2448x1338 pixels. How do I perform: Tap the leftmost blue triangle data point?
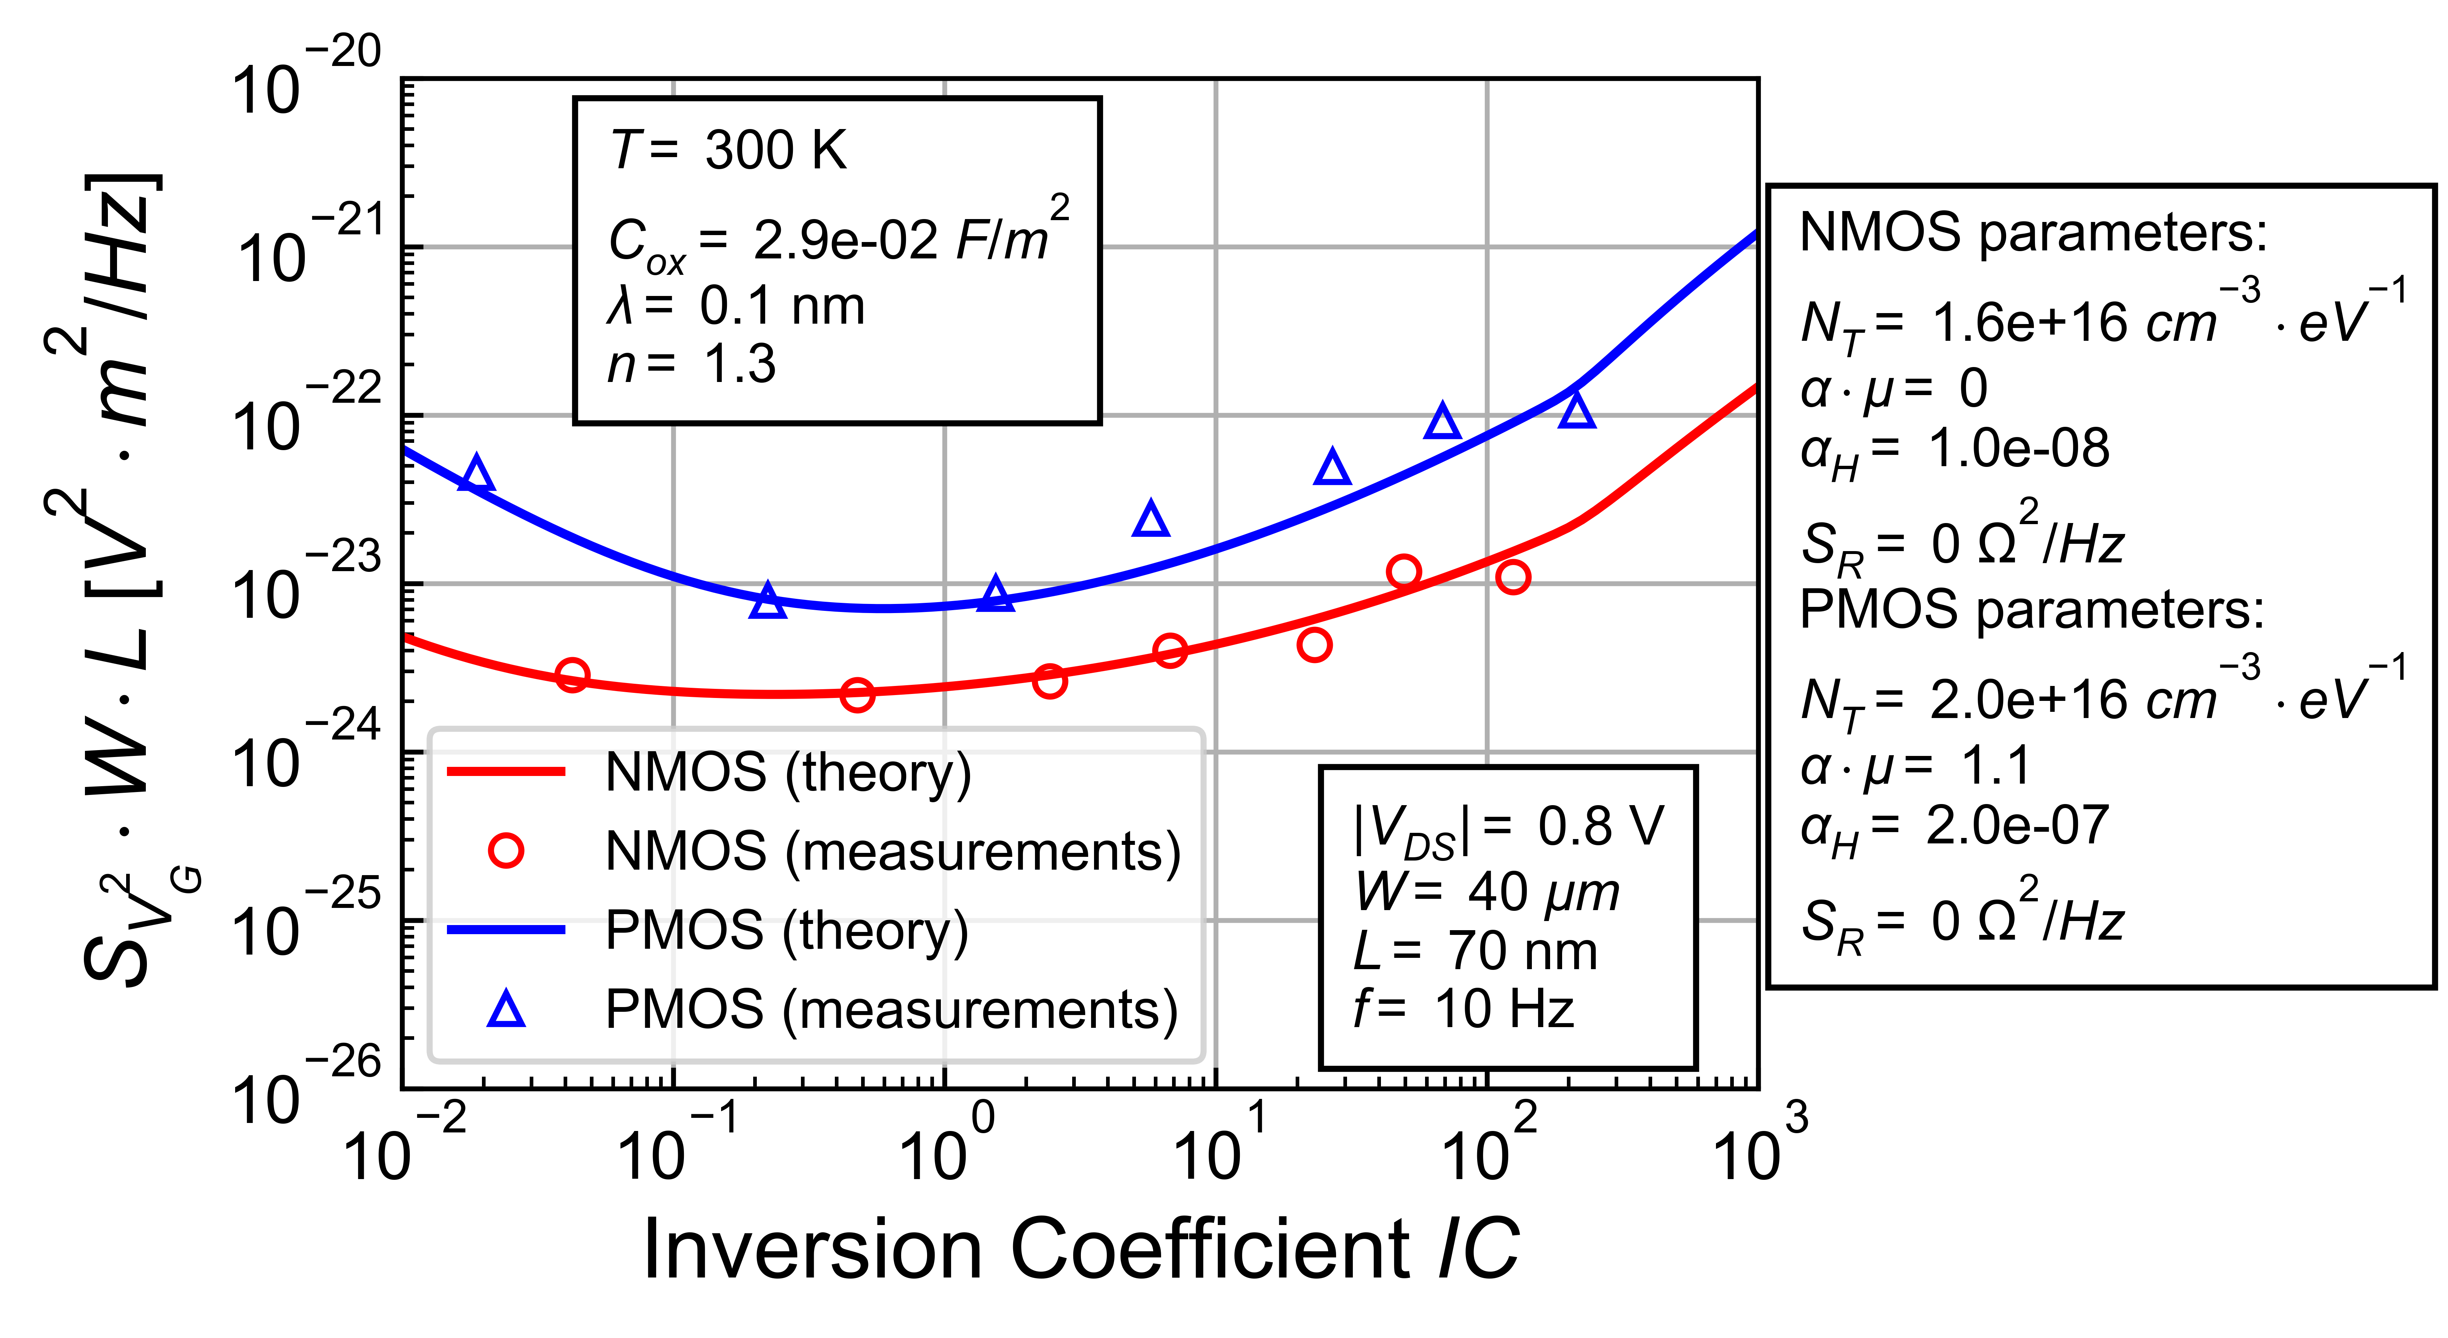point(476,473)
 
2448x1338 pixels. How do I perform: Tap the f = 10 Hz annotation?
point(1463,1009)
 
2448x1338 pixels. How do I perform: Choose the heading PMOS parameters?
point(2032,609)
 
